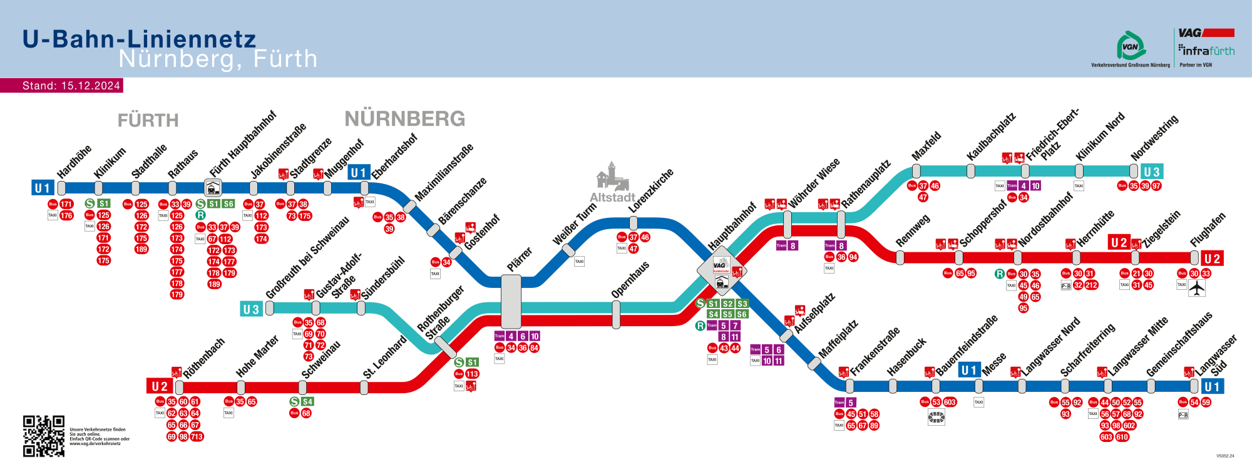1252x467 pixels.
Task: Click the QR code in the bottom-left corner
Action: pyautogui.click(x=44, y=436)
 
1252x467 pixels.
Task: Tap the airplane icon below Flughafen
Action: pyautogui.click(x=1197, y=288)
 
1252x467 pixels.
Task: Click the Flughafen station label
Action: pyautogui.click(x=1208, y=230)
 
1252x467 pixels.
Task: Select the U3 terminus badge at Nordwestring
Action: pyautogui.click(x=1151, y=172)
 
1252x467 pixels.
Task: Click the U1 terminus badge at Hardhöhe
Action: pyautogui.click(x=42, y=188)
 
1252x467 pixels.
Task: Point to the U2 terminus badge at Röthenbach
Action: pyautogui.click(x=160, y=386)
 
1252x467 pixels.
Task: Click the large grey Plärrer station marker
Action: pyautogui.click(x=511, y=302)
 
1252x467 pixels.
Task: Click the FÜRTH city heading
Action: pyautogui.click(x=148, y=120)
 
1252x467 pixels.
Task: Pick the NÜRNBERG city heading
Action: pyautogui.click(x=405, y=118)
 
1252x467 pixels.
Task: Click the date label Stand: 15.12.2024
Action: pyautogui.click(x=71, y=86)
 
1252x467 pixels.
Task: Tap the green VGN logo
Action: pyautogui.click(x=1131, y=46)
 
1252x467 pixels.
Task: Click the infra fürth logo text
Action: pyautogui.click(x=1207, y=51)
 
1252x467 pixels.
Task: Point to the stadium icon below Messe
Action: pyautogui.click(x=936, y=418)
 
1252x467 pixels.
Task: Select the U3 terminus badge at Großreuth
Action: pyautogui.click(x=250, y=309)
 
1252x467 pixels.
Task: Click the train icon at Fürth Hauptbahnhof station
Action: pyautogui.click(x=213, y=187)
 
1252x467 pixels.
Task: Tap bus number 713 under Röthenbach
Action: pyautogui.click(x=197, y=437)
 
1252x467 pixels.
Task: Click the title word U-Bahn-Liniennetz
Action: pyautogui.click(x=139, y=39)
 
